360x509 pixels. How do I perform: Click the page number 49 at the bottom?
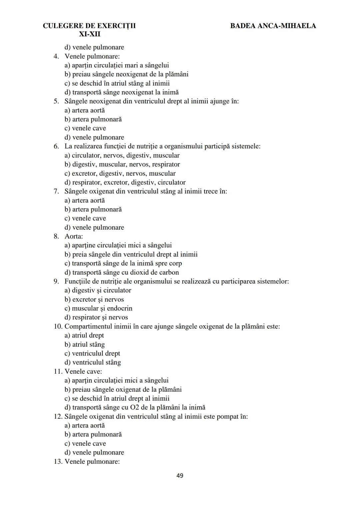(x=180, y=475)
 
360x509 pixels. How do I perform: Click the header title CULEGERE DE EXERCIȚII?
(x=89, y=26)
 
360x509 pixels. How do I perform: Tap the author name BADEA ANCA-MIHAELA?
(x=273, y=26)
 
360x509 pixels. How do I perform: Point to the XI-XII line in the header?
(x=89, y=34)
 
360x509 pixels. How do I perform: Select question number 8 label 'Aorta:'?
(x=73, y=236)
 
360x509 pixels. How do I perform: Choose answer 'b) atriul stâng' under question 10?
(x=85, y=344)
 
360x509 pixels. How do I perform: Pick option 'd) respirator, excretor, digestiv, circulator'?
(x=125, y=182)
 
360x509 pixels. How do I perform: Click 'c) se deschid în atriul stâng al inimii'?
(x=117, y=83)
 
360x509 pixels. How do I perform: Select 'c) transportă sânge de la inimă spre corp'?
(x=123, y=263)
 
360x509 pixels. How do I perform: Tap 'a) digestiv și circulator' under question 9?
(x=98, y=290)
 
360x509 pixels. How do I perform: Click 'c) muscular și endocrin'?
(x=98, y=308)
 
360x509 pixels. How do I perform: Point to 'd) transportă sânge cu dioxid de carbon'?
(x=122, y=272)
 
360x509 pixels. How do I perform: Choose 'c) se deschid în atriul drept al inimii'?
(x=117, y=398)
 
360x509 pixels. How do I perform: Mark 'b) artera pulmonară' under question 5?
(x=93, y=119)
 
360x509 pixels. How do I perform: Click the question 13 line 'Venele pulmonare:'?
(x=92, y=462)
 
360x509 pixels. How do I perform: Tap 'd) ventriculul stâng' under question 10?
(x=93, y=362)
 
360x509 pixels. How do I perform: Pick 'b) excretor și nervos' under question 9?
(x=94, y=299)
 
